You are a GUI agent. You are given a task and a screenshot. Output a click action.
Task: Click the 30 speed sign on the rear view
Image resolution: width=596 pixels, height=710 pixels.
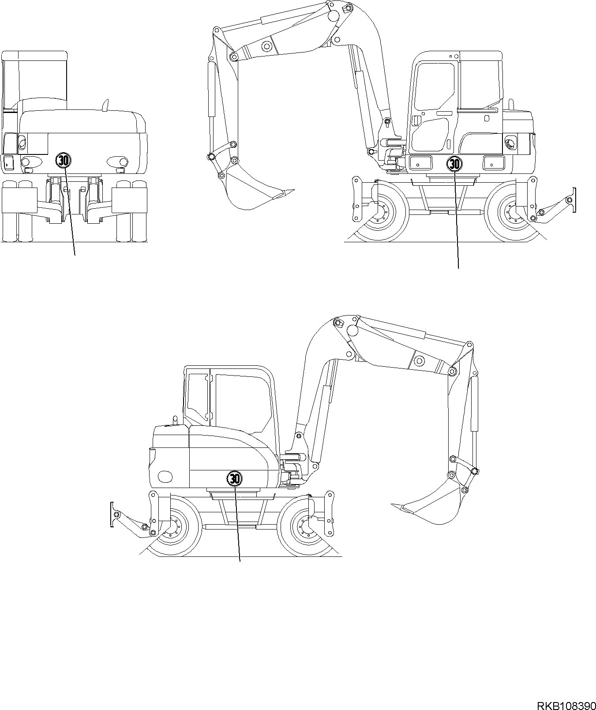(x=63, y=160)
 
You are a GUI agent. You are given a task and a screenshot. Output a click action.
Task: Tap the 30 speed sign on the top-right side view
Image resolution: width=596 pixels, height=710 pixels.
(x=454, y=164)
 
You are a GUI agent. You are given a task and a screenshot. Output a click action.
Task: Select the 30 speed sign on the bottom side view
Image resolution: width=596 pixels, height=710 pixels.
(x=234, y=478)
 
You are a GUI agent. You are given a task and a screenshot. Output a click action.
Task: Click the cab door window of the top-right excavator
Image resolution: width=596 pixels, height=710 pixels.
(x=435, y=86)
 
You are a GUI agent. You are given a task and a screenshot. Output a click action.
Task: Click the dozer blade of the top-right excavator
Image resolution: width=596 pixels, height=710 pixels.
(x=574, y=201)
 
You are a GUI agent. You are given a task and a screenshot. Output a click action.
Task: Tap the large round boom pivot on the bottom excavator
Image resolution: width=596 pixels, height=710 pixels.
(x=352, y=330)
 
